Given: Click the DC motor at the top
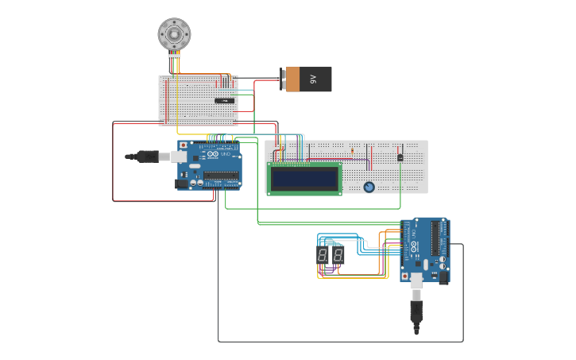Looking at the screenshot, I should (x=174, y=34).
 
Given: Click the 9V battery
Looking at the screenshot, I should (x=308, y=79).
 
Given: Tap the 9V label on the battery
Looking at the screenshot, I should (x=314, y=79).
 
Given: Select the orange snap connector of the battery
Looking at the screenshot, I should (x=292, y=79).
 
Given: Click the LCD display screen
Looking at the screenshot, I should (x=304, y=178).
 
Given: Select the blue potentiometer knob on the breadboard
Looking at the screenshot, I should (x=369, y=188).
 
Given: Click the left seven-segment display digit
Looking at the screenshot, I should (x=323, y=255).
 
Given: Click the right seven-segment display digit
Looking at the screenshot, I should (x=338, y=255).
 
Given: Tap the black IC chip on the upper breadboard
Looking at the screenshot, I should (x=225, y=100).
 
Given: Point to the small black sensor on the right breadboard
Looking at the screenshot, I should (x=400, y=156).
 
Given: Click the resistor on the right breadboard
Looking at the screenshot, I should (x=352, y=150).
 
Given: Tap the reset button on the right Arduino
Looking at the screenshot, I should (x=405, y=276).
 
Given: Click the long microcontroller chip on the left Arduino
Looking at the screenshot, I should (x=221, y=176).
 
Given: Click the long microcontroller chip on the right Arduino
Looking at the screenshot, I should (x=435, y=238).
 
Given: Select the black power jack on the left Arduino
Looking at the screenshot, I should (x=182, y=184).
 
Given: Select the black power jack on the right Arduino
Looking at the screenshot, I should (x=443, y=277).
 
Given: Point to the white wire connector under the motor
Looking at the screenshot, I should (x=174, y=56).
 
